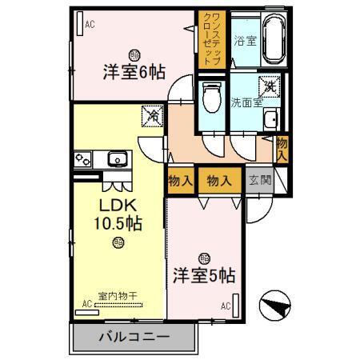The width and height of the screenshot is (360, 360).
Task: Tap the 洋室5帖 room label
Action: point(204,276)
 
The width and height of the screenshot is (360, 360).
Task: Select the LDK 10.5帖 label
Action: point(119,214)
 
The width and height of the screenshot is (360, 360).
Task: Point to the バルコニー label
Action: point(134,336)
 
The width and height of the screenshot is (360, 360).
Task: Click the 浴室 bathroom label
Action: point(244,41)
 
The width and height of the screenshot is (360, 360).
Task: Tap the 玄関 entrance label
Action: point(259,181)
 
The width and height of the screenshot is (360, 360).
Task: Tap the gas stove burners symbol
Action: point(83,158)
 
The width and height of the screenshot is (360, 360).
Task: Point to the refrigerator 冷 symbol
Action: point(151,115)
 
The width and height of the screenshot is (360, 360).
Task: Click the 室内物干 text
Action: point(118,296)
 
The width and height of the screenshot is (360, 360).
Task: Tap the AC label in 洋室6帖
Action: point(90,25)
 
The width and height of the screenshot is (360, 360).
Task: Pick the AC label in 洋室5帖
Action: point(226,306)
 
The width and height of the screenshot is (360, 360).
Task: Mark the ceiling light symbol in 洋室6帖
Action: point(134,54)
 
